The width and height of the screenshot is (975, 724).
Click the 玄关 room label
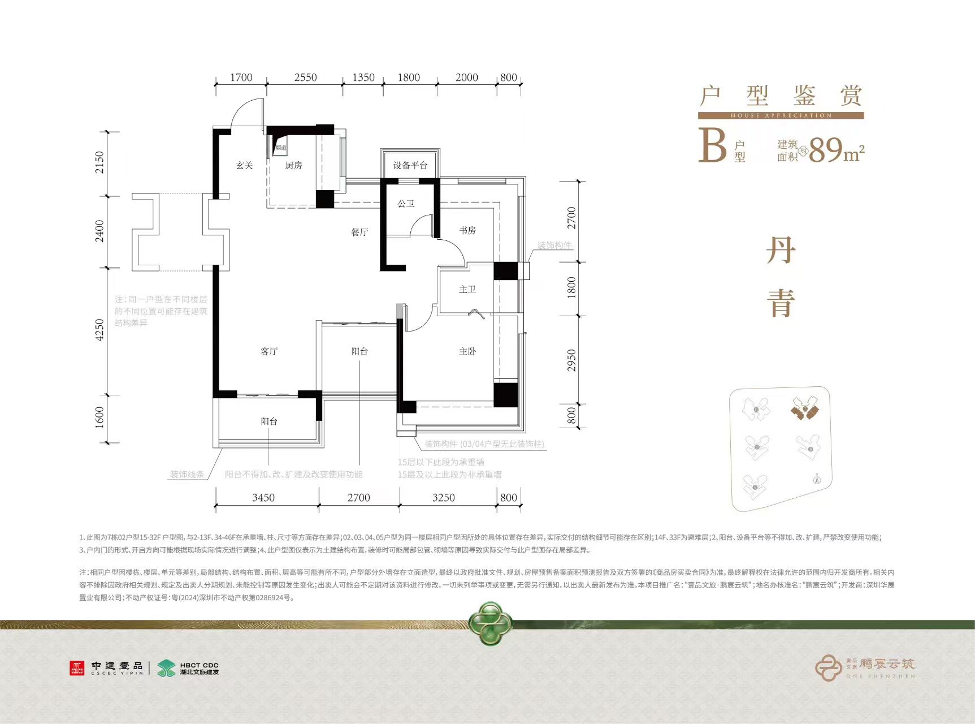(x=244, y=165)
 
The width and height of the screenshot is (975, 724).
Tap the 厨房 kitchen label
(x=293, y=165)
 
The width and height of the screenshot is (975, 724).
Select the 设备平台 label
(x=410, y=165)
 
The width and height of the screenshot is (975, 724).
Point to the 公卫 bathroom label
(x=406, y=204)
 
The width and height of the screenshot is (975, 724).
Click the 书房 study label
(x=467, y=230)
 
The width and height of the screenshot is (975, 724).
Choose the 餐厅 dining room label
(x=359, y=232)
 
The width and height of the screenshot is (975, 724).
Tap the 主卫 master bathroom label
(x=467, y=290)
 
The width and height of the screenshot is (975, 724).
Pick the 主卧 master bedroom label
(x=467, y=351)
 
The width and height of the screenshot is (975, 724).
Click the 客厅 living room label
(x=269, y=351)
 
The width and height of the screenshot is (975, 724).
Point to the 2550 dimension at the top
(x=305, y=77)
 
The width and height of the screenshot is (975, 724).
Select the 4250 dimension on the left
(x=99, y=330)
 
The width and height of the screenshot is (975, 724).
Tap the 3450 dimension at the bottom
(x=263, y=498)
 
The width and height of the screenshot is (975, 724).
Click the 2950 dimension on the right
(x=571, y=360)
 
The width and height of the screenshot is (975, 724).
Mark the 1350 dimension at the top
(x=363, y=77)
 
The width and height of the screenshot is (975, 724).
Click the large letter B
(x=712, y=146)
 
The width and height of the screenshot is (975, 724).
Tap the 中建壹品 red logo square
(x=77, y=668)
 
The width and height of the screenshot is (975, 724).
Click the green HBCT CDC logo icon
(x=166, y=668)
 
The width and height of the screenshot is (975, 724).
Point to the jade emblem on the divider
(x=490, y=623)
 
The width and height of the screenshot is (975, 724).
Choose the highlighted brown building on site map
(x=804, y=408)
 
